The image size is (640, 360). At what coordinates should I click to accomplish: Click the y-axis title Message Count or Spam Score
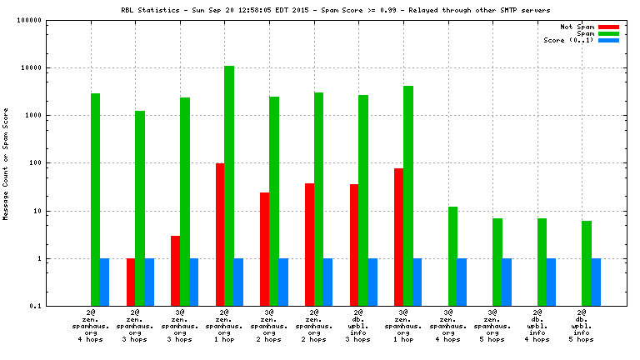(x=7, y=163)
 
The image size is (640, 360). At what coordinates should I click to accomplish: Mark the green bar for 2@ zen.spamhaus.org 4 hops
(x=95, y=199)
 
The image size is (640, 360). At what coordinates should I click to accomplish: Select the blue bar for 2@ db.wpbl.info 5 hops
(x=596, y=282)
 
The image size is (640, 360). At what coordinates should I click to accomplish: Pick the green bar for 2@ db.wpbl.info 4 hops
(x=542, y=262)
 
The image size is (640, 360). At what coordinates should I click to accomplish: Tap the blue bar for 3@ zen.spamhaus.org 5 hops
(x=507, y=282)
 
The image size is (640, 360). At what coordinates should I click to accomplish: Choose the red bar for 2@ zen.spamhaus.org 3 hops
(x=131, y=282)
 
